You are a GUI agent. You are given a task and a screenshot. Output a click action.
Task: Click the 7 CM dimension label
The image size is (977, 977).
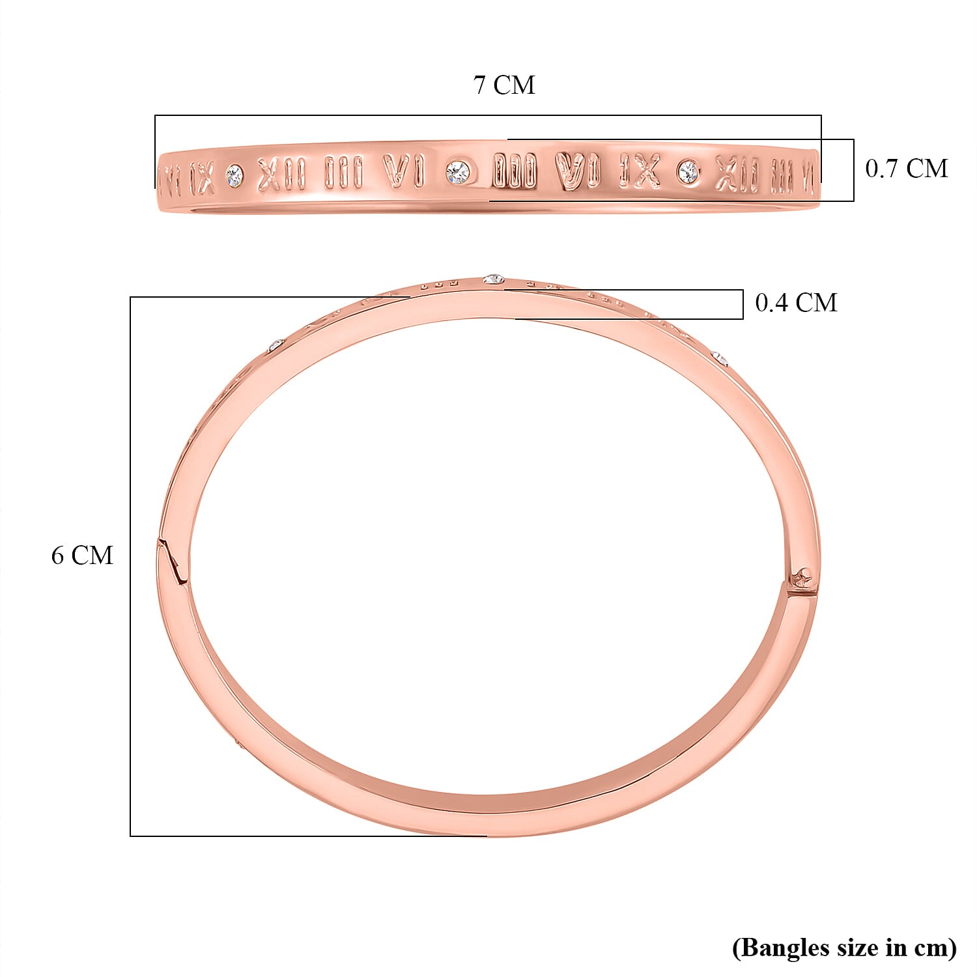[x=504, y=85]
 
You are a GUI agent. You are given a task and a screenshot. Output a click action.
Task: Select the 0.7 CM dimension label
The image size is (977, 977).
[x=906, y=169]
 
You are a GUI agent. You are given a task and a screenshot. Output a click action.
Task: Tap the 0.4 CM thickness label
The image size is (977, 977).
[x=796, y=303]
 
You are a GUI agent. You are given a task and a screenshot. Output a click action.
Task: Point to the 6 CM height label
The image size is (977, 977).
[x=82, y=556]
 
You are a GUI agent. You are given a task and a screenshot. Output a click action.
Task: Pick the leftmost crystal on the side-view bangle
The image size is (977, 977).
[x=234, y=175]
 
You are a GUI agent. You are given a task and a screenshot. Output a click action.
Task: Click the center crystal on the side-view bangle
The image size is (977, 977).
[x=458, y=172]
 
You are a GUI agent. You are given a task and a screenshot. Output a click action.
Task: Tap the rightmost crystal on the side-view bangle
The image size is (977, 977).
[x=688, y=172]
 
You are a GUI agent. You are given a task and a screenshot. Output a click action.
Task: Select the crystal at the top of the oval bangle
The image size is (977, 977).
[x=494, y=279]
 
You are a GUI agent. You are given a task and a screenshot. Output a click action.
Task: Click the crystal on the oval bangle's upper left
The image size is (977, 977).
[x=276, y=345]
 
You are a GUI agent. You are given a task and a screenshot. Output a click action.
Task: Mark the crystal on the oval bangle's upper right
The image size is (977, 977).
[x=719, y=357]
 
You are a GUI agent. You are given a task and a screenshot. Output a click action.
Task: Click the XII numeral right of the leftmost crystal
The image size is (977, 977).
[x=281, y=174]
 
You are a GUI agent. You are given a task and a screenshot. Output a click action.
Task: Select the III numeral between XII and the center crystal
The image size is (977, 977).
[x=343, y=173]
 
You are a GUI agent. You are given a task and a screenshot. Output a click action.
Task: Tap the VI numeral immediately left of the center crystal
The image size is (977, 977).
[x=404, y=173]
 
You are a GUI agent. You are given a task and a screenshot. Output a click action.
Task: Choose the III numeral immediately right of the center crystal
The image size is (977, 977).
[x=515, y=171]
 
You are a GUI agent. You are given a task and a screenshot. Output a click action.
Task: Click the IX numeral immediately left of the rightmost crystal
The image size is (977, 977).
[x=639, y=171]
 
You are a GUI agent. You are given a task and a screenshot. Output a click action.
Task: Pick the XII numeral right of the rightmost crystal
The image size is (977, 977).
[x=738, y=174]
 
